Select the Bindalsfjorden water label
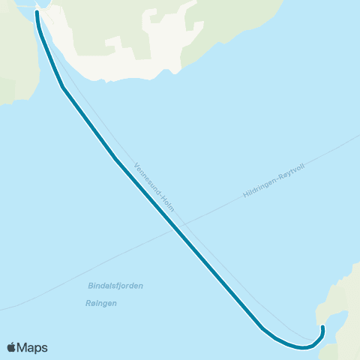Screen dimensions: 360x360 pos(115,286)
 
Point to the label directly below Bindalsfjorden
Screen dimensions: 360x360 pos(101,303)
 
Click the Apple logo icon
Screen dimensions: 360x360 pos(11,347)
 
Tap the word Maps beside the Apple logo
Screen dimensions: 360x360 pos(32,347)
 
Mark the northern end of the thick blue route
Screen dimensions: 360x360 pos(37,13)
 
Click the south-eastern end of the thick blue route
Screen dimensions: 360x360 pos(322,326)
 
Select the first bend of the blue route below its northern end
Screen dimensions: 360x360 pos(63,88)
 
